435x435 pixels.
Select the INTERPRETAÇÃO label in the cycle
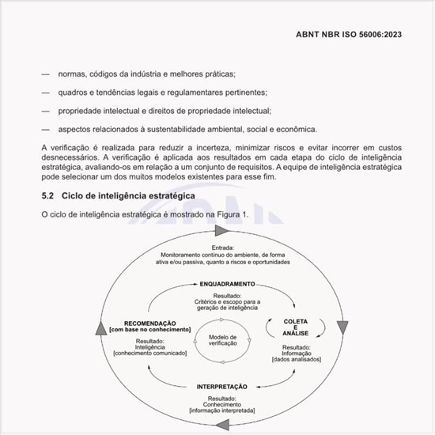tap(221, 386)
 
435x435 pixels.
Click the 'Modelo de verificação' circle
tap(223, 341)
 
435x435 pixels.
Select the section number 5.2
tap(47, 195)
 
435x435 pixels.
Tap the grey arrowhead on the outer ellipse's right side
tap(342, 327)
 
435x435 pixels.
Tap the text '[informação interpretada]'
tap(222, 412)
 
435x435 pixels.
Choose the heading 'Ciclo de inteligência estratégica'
tap(127, 195)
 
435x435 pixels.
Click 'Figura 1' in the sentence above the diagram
tap(232, 215)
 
